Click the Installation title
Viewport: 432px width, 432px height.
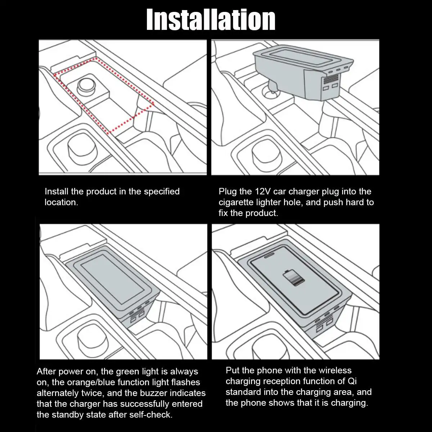click(x=211, y=20)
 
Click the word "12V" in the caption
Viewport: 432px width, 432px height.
click(x=263, y=192)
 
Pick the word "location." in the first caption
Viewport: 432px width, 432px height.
click(x=62, y=202)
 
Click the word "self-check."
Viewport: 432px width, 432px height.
click(x=151, y=414)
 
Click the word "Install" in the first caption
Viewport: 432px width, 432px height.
click(x=57, y=192)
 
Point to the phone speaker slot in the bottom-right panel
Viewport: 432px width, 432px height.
click(x=269, y=256)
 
